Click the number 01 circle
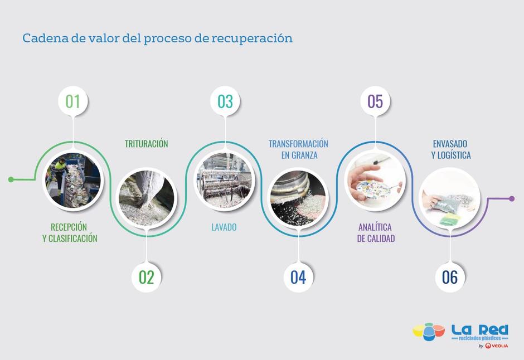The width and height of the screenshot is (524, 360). click(x=73, y=101)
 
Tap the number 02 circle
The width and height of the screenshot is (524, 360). click(x=147, y=277)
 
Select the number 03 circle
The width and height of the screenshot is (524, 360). click(x=225, y=101)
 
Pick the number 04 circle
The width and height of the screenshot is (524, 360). click(x=298, y=277)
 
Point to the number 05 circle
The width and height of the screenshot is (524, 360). click(x=375, y=101)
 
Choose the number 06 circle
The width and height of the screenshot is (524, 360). click(x=450, y=277)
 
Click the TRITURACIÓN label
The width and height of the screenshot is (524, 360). click(x=147, y=144)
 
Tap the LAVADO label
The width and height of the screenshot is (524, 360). click(x=224, y=227)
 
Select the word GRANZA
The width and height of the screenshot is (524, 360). click(x=304, y=155)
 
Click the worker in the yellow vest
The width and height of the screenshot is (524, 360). click(x=60, y=171)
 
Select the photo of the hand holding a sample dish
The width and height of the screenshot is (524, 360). click(x=375, y=181)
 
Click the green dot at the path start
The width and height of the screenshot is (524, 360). click(x=11, y=179)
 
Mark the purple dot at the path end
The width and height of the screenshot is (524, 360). click(x=512, y=199)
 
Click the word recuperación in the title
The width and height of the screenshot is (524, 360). click(x=252, y=38)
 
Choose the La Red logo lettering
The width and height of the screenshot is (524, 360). click(x=480, y=330)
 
